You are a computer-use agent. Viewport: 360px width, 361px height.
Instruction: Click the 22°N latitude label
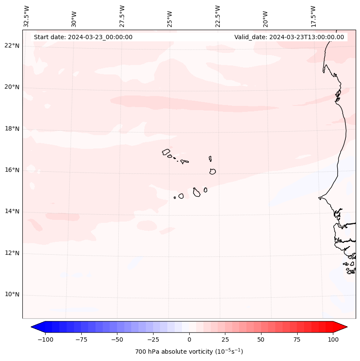click(x=12, y=46)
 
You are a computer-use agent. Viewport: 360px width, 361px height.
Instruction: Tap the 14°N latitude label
click(x=12, y=211)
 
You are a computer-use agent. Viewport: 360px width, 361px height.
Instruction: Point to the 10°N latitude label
click(x=12, y=295)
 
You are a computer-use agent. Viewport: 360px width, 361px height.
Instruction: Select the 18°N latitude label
click(x=12, y=129)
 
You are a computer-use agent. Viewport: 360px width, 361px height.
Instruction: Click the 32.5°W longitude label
click(x=27, y=16)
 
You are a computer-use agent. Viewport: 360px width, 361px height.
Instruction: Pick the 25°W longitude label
click(x=170, y=19)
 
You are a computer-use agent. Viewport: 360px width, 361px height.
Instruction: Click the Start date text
click(x=83, y=37)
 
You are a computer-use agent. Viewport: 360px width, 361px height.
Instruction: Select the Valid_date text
click(x=289, y=37)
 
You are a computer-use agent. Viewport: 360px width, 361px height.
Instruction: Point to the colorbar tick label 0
click(x=189, y=339)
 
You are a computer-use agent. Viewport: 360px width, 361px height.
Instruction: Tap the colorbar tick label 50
click(x=261, y=339)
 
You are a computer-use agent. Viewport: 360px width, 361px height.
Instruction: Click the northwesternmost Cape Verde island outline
click(x=166, y=152)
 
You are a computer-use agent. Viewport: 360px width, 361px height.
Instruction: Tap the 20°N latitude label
click(x=12, y=87)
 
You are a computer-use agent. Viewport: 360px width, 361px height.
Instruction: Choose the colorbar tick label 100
click(x=332, y=339)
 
